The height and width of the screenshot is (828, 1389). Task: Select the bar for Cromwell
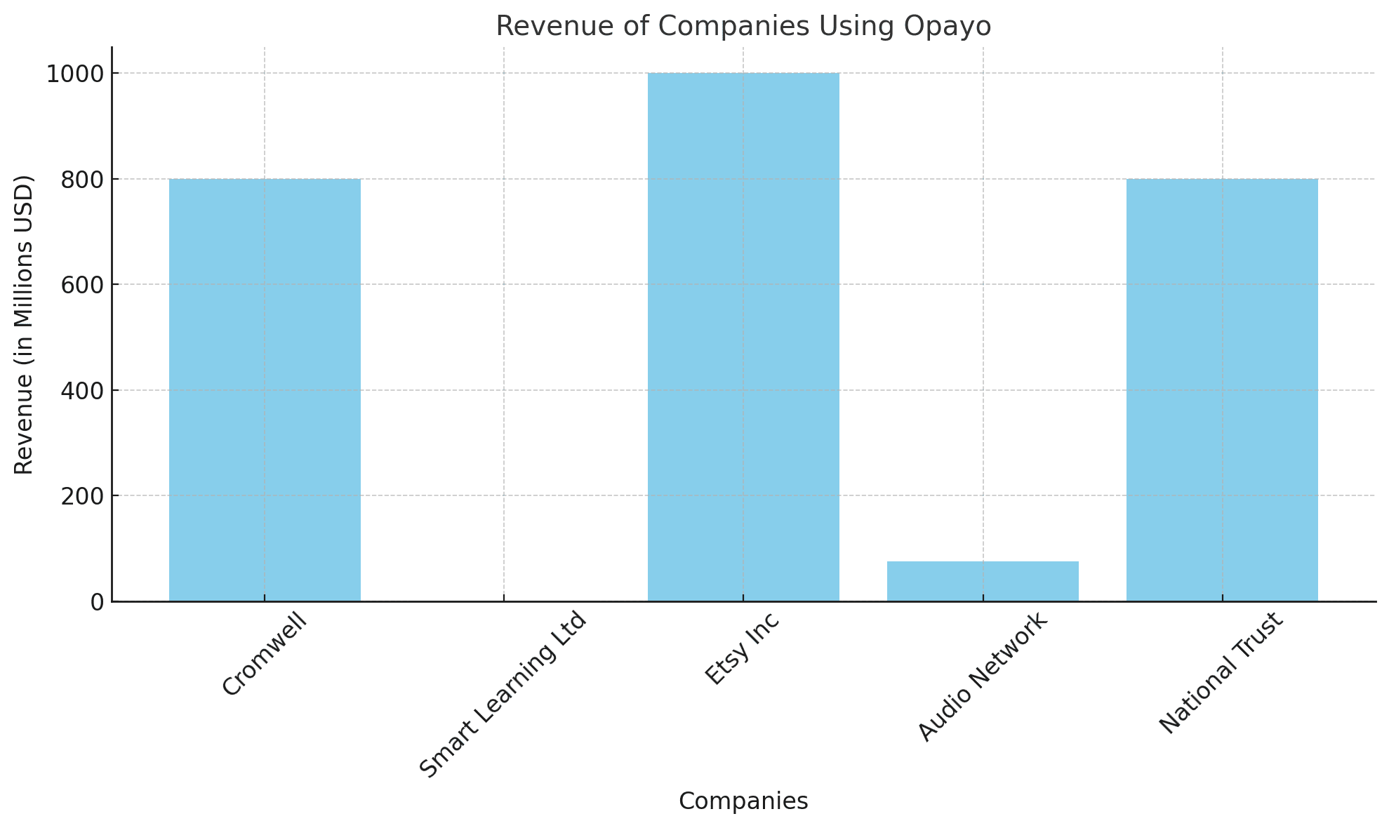coord(265,389)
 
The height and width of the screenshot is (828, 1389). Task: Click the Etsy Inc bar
coord(743,337)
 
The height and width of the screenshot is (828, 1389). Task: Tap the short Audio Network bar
coord(983,581)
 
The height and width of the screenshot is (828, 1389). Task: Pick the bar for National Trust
coord(1222,389)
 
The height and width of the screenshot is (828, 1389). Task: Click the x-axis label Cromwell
coord(265,653)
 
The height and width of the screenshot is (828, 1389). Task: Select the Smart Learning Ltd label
coord(503,695)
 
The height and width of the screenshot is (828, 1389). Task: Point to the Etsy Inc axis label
coord(742,648)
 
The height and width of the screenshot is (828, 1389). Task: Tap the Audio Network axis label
coord(983,676)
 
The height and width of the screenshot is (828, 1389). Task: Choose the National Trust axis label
coord(1221,673)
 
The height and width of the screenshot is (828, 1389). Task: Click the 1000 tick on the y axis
coord(75,74)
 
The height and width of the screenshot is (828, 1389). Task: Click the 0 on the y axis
coord(98,602)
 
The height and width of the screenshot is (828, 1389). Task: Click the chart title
coord(743,26)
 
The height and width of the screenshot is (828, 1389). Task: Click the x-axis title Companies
coord(743,801)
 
